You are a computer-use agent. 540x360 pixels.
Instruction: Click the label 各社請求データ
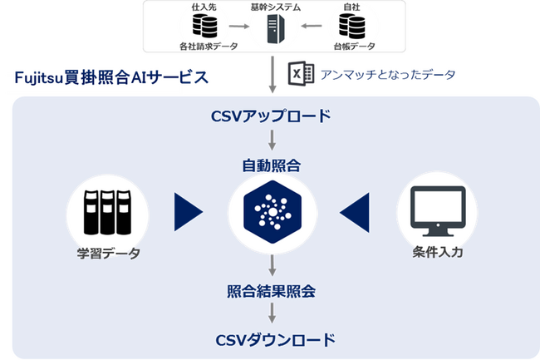pos(203,47)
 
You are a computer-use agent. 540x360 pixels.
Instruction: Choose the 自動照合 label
pos(272,165)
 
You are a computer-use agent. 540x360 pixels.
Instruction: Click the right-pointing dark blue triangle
pos(189,211)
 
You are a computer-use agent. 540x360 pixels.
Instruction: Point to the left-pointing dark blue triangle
pos(355,211)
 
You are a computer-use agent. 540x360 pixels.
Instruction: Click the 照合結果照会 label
pos(272,292)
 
